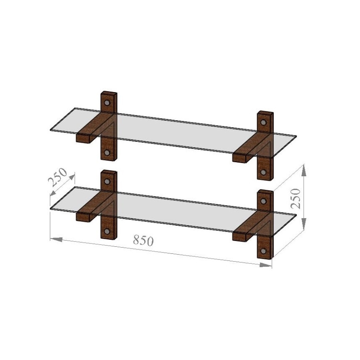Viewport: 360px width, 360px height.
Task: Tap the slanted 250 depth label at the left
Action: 58,178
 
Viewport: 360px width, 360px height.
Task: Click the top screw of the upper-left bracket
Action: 108,102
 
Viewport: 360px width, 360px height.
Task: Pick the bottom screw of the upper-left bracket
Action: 107,153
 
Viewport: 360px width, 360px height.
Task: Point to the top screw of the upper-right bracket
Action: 263,122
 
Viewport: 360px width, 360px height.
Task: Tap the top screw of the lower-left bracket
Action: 108,181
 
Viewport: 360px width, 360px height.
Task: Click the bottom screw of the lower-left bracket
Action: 107,231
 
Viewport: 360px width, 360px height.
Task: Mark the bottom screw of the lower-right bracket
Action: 263,251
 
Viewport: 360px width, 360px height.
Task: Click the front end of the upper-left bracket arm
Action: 84,139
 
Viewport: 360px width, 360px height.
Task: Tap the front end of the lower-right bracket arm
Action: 240,237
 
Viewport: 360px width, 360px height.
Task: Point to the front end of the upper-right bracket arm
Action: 240,158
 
